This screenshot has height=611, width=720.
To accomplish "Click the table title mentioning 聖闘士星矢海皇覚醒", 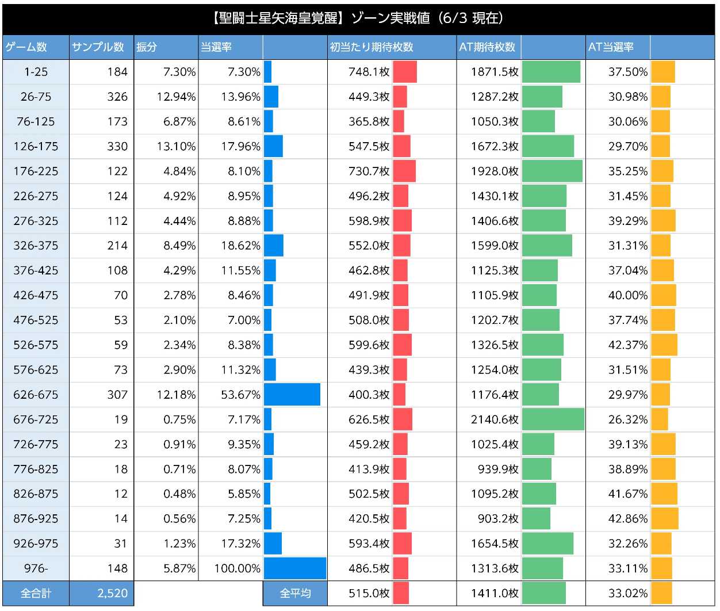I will point(359,18).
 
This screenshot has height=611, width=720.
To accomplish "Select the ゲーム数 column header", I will point(26,47).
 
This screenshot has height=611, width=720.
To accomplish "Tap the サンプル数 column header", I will point(98,47).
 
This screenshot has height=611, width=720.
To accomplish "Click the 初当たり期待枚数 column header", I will point(372,47).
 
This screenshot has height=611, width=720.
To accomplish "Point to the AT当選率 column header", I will point(611,47).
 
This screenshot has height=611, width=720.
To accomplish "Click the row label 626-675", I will point(36,395).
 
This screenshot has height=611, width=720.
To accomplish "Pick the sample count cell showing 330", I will point(117,146).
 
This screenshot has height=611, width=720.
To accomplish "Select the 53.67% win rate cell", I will point(240,395).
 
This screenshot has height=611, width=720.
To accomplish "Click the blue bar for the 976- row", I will point(295,568).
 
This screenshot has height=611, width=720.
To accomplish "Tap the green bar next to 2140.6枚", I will point(553,419).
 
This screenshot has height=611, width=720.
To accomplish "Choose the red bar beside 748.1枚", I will point(405,72).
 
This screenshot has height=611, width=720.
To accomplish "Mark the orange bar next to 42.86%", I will point(665,518).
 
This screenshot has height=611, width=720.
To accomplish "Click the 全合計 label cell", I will point(36,593).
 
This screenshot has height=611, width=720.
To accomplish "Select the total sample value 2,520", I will point(112,593).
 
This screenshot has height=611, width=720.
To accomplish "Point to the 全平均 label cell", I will point(295,593).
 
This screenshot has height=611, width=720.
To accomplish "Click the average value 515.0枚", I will point(369,593).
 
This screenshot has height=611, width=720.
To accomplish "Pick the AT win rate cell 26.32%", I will point(627,419).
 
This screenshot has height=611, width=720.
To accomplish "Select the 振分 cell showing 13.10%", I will point(176,146).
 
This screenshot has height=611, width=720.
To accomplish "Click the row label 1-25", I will point(36,72).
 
